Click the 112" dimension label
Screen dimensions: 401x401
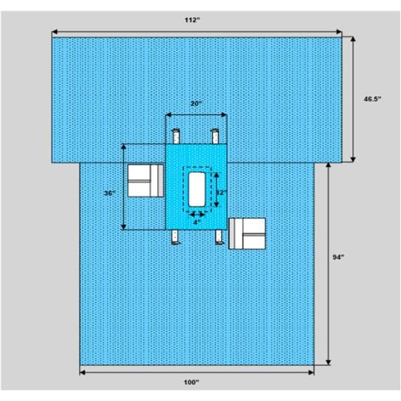[x=193, y=20]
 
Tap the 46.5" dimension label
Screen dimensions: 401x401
[x=372, y=99]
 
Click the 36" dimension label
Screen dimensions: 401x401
[x=110, y=192]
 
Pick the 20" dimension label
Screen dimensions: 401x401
[x=195, y=104]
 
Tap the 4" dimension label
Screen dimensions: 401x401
[x=196, y=222]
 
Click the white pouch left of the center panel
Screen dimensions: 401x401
[x=146, y=180]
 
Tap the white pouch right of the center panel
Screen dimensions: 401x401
[x=247, y=233]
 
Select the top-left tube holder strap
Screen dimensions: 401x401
[x=176, y=136]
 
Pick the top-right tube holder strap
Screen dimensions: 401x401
[x=215, y=136]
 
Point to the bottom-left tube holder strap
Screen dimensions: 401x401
[x=176, y=237]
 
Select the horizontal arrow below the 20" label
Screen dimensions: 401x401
[x=196, y=114]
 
